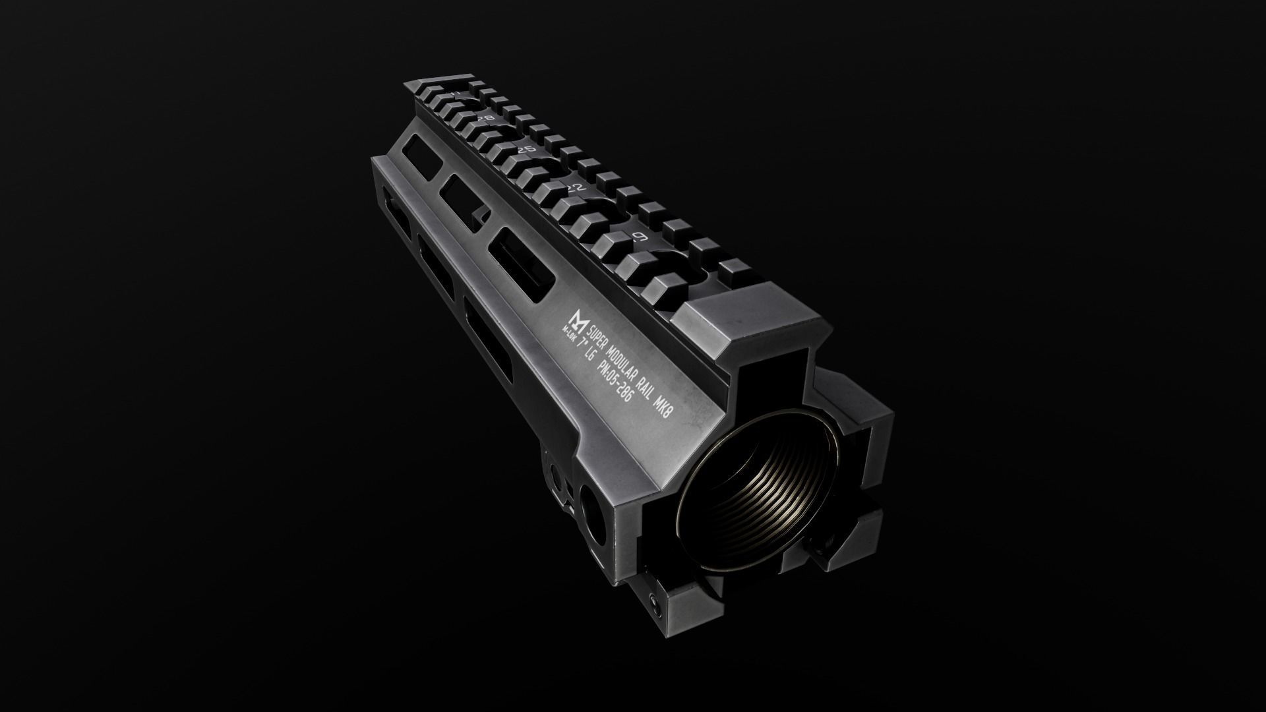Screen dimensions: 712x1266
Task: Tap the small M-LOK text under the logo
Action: (x=568, y=329)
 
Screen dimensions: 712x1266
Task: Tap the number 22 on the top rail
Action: (x=576, y=187)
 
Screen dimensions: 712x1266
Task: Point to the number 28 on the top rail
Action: (x=486, y=118)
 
